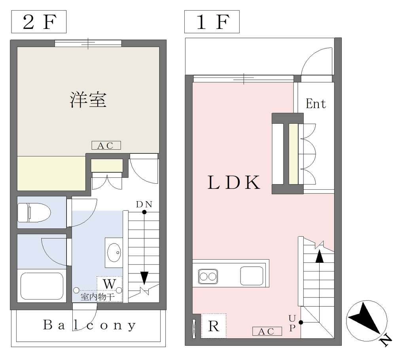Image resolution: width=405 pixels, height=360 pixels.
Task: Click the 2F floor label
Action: (x=39, y=22)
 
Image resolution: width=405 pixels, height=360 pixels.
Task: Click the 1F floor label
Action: (x=212, y=22)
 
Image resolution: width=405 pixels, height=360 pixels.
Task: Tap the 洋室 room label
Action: (x=88, y=100)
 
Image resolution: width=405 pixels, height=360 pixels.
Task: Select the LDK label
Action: (x=234, y=183)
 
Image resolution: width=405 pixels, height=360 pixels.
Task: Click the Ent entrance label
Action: (x=316, y=104)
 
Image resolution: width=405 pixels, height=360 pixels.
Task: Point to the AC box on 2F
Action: (x=106, y=145)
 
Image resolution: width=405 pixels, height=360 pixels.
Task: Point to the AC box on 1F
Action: (x=267, y=332)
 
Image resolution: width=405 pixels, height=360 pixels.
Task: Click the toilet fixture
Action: (x=34, y=212)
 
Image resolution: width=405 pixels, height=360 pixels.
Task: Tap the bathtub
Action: (x=42, y=286)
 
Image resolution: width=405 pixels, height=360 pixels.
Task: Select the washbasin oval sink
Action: (x=114, y=253)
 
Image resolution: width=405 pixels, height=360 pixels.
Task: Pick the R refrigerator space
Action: (x=214, y=326)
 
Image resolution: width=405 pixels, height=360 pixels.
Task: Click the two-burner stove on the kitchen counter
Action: (x=208, y=277)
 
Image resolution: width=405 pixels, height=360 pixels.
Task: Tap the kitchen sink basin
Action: (x=252, y=276)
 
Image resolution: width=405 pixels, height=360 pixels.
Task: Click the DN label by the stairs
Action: (x=144, y=204)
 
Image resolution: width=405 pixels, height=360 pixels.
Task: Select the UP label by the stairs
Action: (x=292, y=323)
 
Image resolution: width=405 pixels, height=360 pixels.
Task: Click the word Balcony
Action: (x=89, y=325)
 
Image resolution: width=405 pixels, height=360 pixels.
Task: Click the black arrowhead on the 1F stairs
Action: (x=320, y=256)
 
